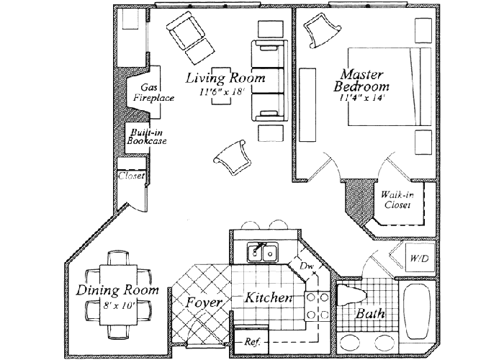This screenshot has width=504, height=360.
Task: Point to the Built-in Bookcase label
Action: tap(147, 136)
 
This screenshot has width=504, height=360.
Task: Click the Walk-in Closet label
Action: tap(397, 199)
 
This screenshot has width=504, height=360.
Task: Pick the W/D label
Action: tap(418, 258)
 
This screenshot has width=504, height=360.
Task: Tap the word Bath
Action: tap(370, 314)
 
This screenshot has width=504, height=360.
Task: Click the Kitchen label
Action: tap(268, 297)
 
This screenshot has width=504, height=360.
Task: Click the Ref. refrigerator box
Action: tap(252, 341)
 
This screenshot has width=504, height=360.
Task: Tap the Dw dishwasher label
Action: tap(307, 266)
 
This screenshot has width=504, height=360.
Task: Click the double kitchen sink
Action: tap(262, 253)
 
